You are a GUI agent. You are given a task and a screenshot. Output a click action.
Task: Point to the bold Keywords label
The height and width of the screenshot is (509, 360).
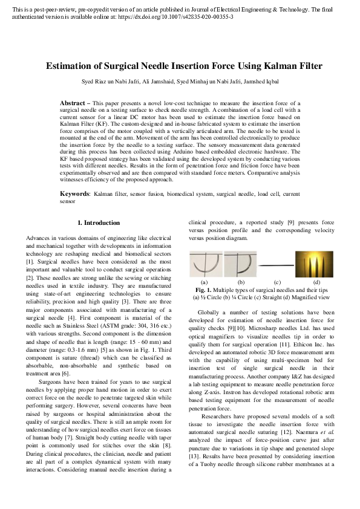pyautogui.click(x=74, y=193)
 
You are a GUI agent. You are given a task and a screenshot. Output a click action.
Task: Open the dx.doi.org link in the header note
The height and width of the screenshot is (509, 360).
pyautogui.click(x=188, y=16)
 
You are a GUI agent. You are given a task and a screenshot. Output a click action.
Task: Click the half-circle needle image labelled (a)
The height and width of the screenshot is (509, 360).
pyautogui.click(x=206, y=264)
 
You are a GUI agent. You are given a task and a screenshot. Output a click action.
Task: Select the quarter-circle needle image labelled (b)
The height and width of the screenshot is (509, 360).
pyautogui.click(x=240, y=264)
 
